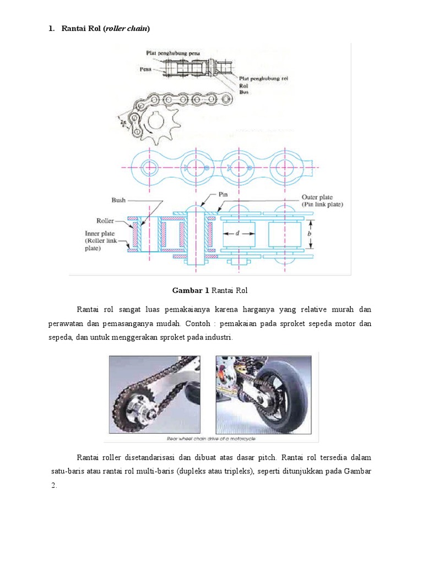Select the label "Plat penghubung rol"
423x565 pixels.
(264, 79)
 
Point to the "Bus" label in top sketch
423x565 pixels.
(244, 93)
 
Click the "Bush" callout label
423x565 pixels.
(118, 200)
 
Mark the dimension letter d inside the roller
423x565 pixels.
(237, 233)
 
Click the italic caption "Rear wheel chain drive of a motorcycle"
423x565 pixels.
(211, 439)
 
